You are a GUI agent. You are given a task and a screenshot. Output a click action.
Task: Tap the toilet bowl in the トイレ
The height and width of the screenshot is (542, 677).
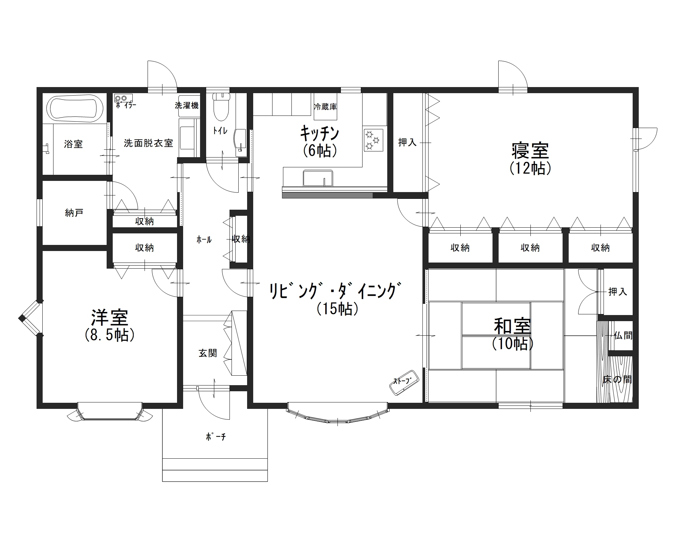point(221,107)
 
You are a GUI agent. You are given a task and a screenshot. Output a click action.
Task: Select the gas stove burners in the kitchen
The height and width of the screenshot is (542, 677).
point(373,140)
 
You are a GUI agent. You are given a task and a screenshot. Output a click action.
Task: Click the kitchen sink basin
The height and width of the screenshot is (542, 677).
point(318,178)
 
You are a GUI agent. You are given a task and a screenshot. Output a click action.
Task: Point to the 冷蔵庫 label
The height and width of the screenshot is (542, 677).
point(325,107)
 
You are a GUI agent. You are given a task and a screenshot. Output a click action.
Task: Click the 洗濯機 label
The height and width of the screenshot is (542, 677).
point(187,105)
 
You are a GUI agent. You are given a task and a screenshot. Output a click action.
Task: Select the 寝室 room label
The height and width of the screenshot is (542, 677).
point(530,151)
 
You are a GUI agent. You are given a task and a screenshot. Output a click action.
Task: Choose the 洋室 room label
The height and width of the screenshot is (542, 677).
point(110,317)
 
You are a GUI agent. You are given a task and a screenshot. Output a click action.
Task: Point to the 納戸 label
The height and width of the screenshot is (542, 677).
point(74,213)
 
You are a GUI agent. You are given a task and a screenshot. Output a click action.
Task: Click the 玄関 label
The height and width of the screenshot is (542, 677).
point(208,353)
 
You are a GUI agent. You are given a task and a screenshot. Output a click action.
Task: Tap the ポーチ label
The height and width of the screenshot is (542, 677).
point(216,437)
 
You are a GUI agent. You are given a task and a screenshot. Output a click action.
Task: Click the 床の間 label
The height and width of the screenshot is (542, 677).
point(617,379)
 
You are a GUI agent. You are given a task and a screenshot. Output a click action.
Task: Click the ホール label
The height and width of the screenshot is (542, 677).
point(204,240)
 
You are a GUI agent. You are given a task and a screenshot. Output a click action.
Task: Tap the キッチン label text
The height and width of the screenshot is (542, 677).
point(319,134)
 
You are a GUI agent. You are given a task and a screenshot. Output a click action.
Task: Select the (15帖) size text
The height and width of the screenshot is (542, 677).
point(337,309)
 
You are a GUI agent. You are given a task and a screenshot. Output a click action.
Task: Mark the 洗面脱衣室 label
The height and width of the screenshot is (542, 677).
point(148,143)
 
